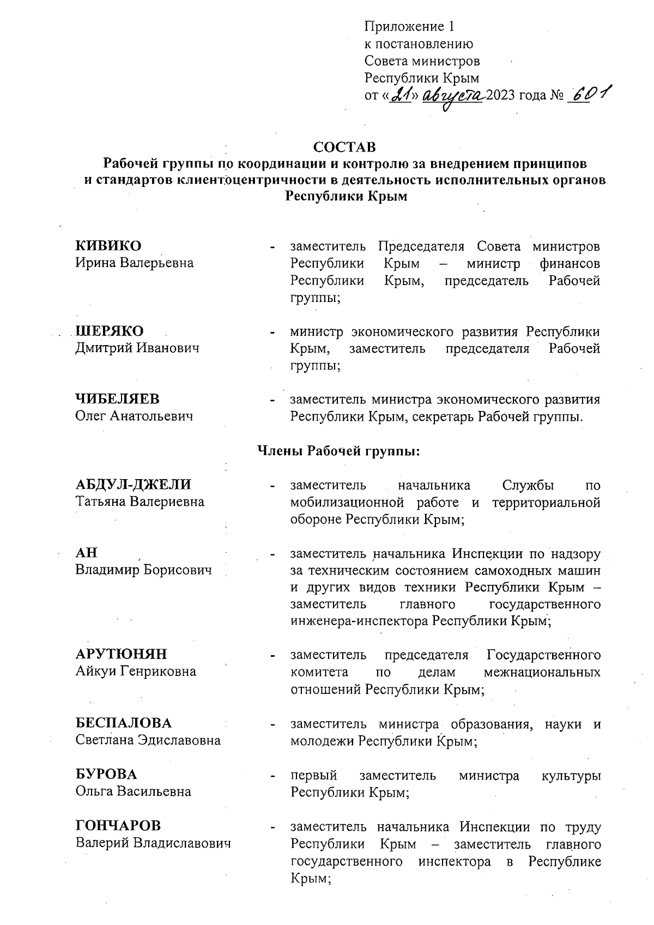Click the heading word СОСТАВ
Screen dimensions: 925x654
344,147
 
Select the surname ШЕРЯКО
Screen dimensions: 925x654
110,331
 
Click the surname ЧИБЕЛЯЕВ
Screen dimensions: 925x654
117,399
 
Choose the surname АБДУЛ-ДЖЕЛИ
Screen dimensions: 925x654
134,485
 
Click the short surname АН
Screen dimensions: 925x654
86,553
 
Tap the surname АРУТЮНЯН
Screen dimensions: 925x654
121,654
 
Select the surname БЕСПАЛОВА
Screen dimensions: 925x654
123,723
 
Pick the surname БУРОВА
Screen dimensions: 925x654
106,775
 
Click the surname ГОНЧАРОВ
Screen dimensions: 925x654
118,826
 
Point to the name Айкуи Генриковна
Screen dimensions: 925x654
136,672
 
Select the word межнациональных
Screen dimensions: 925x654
542,672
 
